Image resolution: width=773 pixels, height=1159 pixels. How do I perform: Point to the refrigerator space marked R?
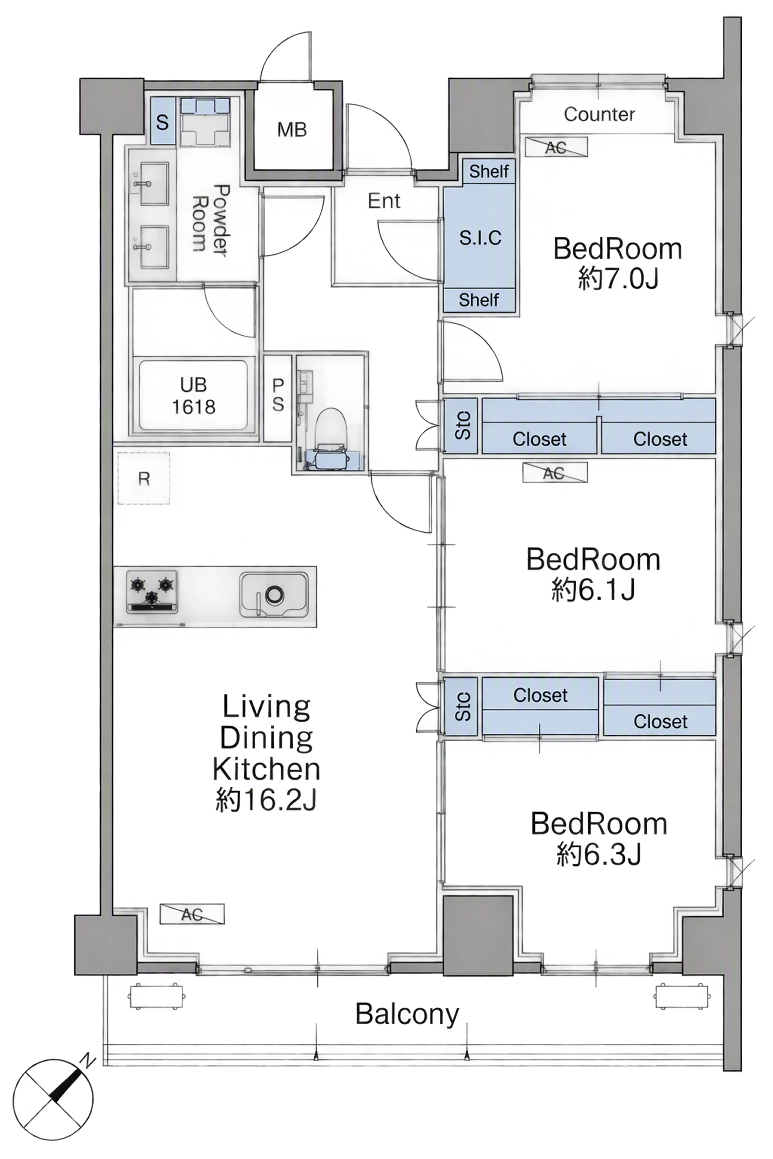coord(143,478)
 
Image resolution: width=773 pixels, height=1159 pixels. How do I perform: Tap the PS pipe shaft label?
coord(278,395)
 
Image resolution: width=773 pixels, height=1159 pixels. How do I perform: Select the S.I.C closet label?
coord(480,238)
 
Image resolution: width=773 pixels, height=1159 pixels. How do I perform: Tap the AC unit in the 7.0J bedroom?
coord(556,147)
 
